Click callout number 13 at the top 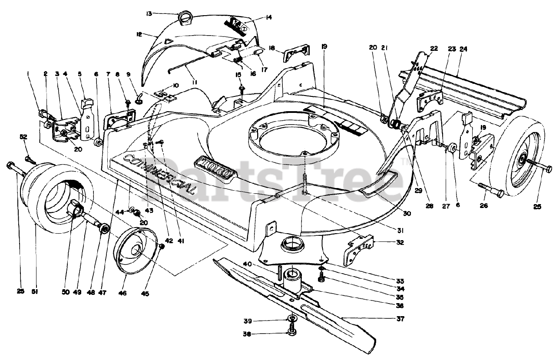(149, 13)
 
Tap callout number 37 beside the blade (400, 319)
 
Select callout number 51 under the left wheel (35, 292)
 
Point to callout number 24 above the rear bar (463, 49)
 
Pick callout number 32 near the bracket (400, 243)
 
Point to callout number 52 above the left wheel (23, 137)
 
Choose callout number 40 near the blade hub (259, 264)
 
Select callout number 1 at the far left (28, 74)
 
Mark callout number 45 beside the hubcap (145, 294)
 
